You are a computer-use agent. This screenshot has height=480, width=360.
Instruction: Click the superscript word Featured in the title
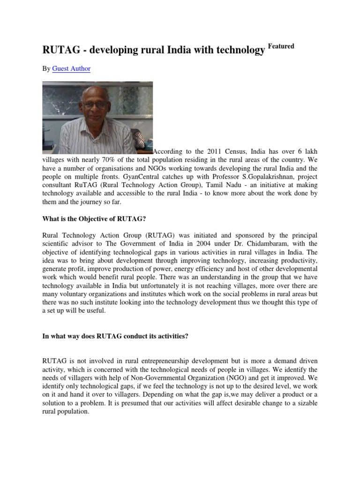tap(281, 46)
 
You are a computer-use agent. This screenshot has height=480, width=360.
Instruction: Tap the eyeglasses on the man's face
tap(97, 105)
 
